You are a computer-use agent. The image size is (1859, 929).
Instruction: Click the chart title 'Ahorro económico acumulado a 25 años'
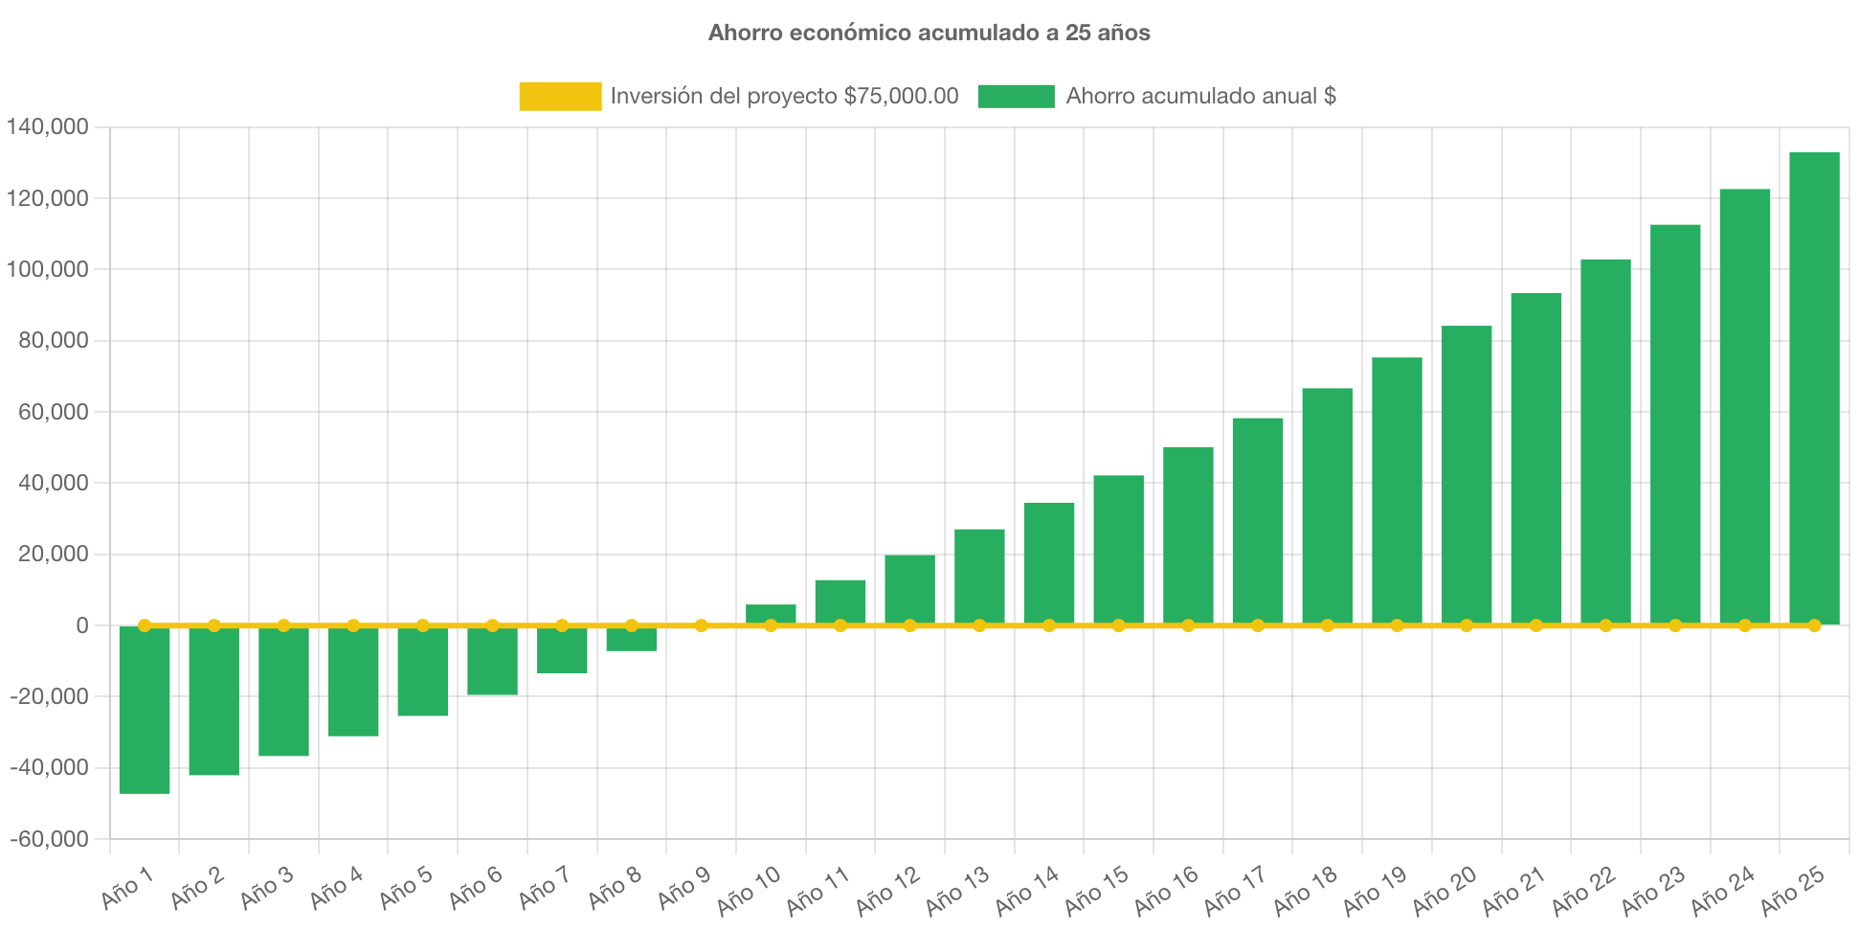click(929, 33)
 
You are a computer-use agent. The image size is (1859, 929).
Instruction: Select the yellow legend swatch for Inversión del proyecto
click(560, 96)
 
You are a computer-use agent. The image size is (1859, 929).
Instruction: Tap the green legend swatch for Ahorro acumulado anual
click(1016, 96)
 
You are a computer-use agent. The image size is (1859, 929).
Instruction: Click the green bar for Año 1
click(145, 710)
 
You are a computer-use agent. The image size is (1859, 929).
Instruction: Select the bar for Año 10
click(771, 613)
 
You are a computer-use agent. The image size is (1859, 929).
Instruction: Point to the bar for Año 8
click(632, 640)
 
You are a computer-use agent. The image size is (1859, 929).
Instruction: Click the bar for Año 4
click(353, 681)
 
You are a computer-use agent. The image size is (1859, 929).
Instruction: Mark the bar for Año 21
click(1536, 459)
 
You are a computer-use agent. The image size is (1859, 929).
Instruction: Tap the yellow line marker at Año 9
click(702, 625)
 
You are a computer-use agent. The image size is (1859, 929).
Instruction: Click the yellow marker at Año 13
click(979, 625)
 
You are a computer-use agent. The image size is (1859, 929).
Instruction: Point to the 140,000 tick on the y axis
click(48, 126)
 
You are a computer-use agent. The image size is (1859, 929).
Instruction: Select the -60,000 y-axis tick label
click(50, 839)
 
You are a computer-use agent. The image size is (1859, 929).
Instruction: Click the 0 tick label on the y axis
click(82, 625)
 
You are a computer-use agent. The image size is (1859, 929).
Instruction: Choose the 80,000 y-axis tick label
click(54, 340)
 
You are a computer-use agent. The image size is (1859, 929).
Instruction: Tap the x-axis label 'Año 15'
click(1097, 888)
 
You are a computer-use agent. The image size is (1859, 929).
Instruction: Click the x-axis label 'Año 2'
click(198, 888)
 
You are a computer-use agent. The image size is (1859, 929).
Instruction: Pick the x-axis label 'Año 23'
click(1653, 890)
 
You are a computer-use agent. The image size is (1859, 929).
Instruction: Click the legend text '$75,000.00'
click(901, 96)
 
